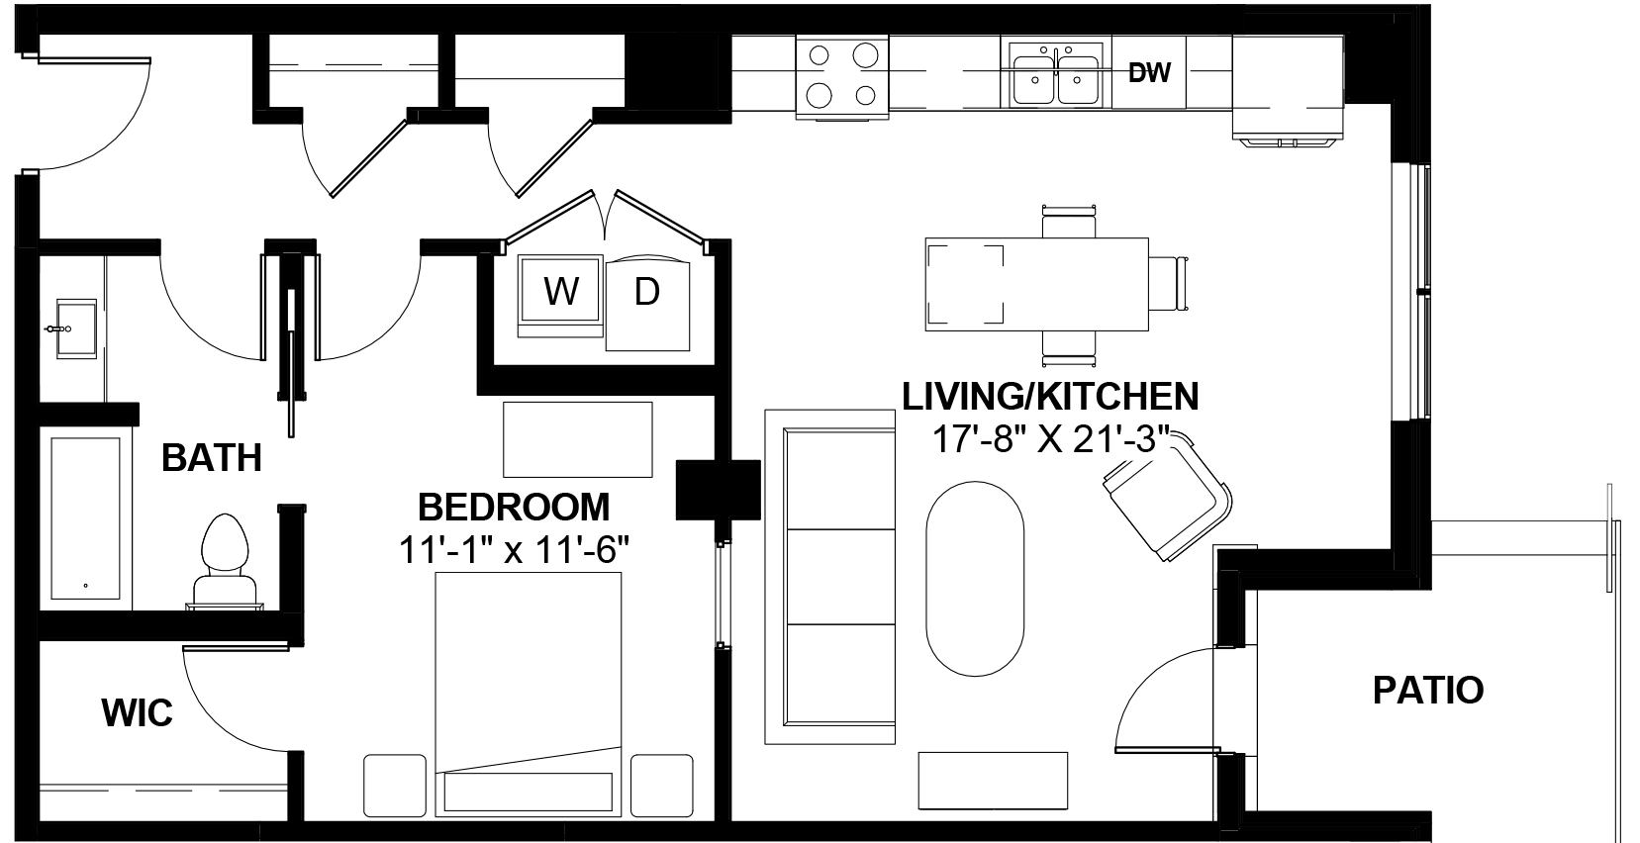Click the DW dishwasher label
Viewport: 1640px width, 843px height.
tap(1149, 72)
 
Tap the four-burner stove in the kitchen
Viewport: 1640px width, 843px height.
tap(842, 76)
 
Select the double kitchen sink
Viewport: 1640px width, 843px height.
tap(1056, 74)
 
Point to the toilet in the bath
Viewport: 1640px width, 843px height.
tap(225, 561)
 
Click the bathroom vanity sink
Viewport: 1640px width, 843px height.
tap(75, 328)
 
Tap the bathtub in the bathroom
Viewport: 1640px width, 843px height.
tap(86, 518)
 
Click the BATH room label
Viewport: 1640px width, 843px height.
tap(212, 458)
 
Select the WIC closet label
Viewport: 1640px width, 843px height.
tap(137, 712)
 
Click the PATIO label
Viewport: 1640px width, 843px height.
tap(1427, 690)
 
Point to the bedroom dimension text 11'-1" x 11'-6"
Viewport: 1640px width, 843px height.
tap(514, 549)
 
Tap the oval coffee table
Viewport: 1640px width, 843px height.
tap(975, 578)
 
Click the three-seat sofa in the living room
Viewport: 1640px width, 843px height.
tap(830, 577)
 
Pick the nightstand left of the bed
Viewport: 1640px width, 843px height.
tap(395, 786)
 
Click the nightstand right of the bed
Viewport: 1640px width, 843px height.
tap(662, 786)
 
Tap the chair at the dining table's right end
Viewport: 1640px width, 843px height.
tap(1169, 284)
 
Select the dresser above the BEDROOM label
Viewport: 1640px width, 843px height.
tap(578, 439)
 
